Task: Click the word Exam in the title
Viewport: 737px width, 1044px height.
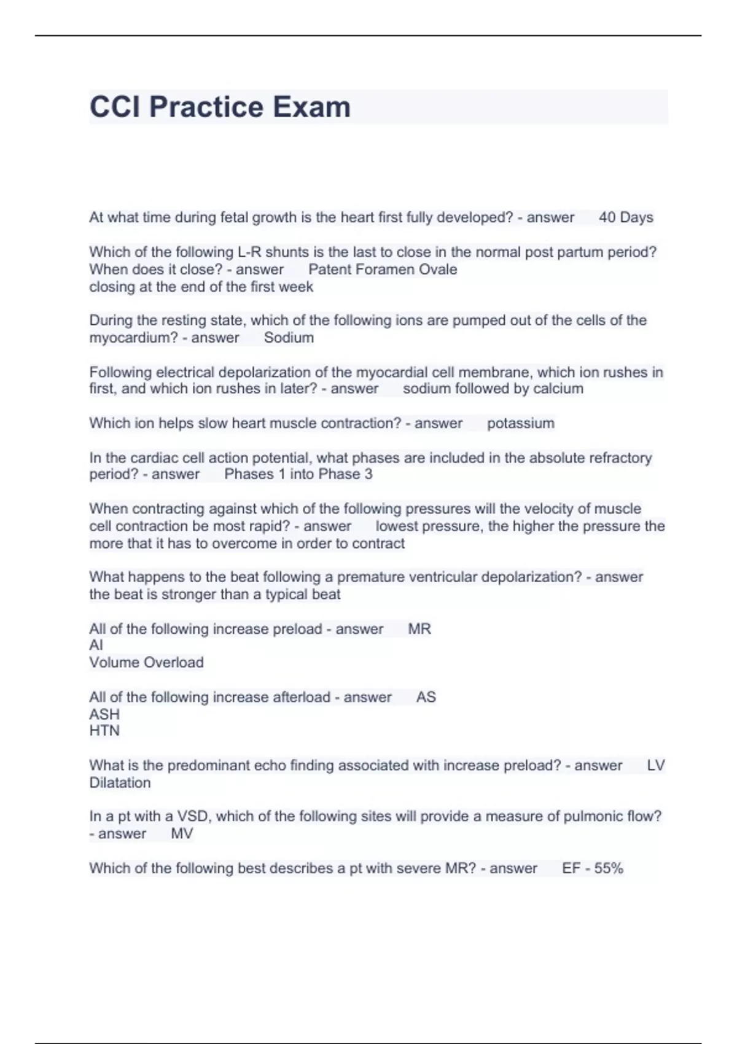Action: (x=311, y=107)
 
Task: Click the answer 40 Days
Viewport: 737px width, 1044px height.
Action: (x=626, y=217)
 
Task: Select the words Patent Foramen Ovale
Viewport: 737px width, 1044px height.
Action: (x=383, y=270)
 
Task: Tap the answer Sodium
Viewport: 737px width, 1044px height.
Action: (x=289, y=338)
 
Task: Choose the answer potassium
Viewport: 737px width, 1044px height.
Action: (x=520, y=423)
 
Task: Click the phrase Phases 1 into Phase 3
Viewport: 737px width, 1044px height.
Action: (x=298, y=474)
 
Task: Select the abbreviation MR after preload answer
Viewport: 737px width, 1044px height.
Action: (x=419, y=629)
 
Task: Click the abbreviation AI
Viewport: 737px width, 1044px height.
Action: (x=96, y=645)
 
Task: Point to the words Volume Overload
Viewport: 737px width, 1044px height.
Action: (x=146, y=663)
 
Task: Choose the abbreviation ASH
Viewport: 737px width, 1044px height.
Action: (x=104, y=714)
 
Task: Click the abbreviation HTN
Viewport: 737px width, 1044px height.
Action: (x=104, y=731)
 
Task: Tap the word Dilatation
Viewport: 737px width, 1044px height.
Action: (x=120, y=783)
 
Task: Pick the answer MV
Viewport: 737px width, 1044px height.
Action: (x=182, y=834)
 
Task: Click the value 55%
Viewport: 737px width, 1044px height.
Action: (x=609, y=868)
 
